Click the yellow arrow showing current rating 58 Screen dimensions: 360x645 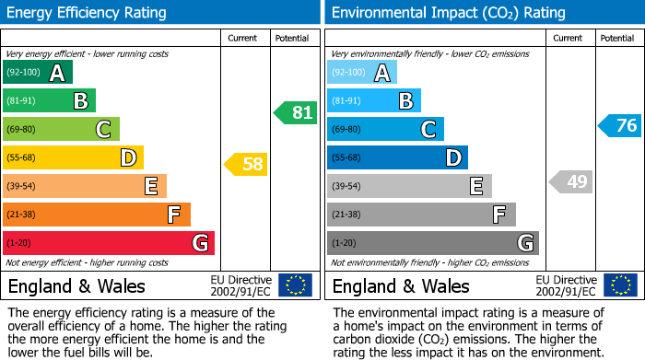click(246, 165)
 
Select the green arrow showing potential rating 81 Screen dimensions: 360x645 click(296, 113)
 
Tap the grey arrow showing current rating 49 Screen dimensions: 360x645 click(571, 181)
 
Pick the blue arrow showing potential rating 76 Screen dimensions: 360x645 click(620, 125)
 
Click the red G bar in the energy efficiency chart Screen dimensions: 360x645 click(109, 243)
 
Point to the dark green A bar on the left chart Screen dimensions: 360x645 click(38, 73)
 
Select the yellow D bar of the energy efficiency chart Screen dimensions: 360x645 click(73, 158)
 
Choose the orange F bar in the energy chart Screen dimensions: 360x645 click(97, 215)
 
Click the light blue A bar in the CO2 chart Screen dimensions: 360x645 click(362, 73)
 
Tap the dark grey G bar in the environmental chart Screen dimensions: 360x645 click(433, 243)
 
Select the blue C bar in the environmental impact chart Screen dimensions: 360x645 click(385, 129)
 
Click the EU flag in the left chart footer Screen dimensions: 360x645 click(295, 285)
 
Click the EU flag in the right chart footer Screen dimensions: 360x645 click(621, 285)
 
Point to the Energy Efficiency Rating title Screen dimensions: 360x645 click(88, 13)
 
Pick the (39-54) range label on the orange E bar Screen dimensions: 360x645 click(21, 187)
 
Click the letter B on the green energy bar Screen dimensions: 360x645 click(80, 101)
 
